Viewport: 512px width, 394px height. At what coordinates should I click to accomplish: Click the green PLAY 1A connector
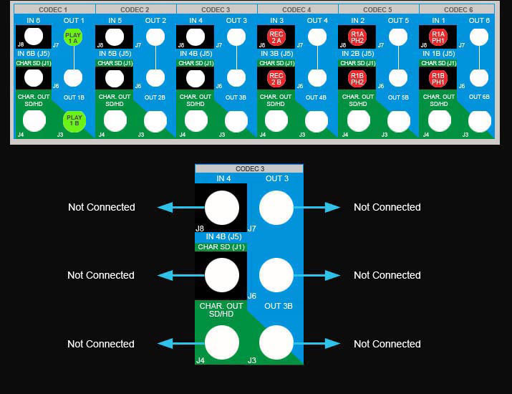(x=73, y=37)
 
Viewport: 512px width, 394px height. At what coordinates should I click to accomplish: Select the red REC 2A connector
(x=276, y=37)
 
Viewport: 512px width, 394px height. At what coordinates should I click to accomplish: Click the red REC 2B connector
(x=276, y=78)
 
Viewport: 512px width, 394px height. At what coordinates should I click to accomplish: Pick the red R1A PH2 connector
(x=357, y=37)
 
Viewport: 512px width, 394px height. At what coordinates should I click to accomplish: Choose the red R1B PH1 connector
(x=438, y=78)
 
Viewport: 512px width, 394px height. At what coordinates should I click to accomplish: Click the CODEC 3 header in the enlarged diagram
(x=249, y=169)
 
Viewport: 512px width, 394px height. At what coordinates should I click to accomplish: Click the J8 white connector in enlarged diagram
(x=222, y=208)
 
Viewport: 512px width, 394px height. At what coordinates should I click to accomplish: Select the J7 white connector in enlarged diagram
(x=276, y=208)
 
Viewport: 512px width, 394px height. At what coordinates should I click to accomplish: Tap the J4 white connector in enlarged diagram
(x=222, y=343)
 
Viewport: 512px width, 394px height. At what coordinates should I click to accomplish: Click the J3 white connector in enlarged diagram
(x=276, y=343)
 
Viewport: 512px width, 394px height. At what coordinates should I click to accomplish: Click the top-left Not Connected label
(x=102, y=207)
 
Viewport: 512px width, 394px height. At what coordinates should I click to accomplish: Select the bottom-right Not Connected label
(x=387, y=344)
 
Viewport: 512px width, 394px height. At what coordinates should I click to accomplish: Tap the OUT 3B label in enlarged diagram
(x=278, y=306)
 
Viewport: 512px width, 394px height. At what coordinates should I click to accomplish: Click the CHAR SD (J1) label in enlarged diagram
(x=221, y=247)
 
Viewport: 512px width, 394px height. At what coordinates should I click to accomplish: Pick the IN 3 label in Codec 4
(x=276, y=21)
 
